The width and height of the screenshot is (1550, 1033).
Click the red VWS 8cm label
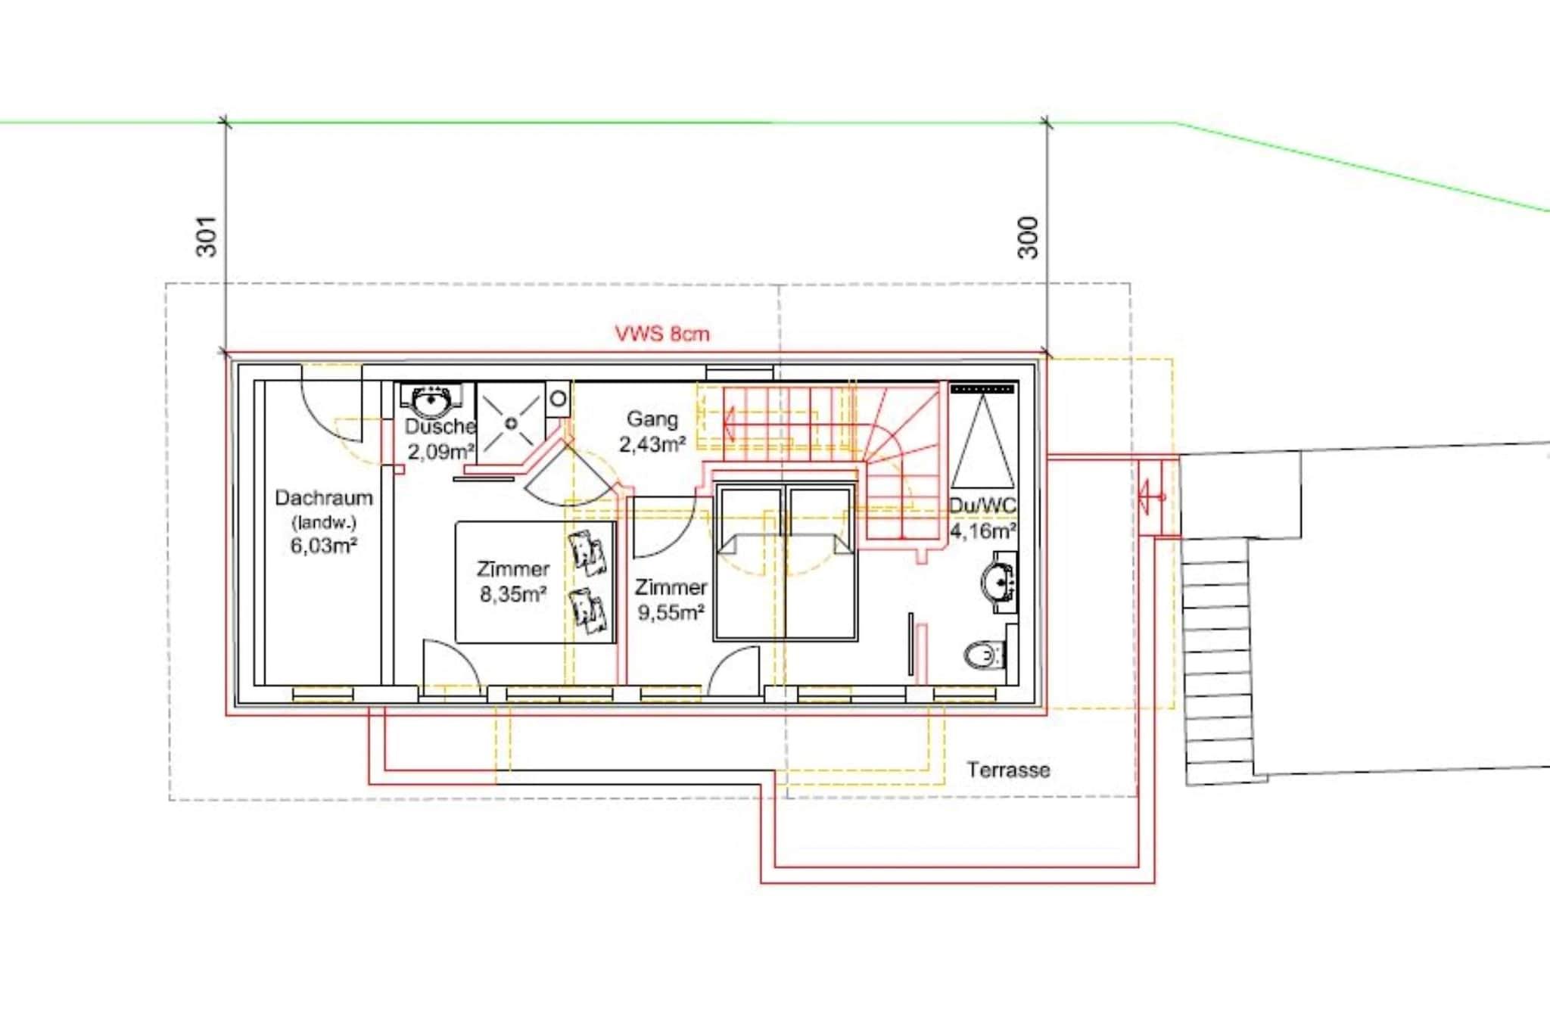662,334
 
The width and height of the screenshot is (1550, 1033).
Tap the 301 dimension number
207,237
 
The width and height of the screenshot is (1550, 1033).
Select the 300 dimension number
1029,237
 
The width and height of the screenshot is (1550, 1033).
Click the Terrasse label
1008,770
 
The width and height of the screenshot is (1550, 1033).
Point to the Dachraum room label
324,498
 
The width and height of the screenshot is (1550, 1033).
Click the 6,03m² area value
324,545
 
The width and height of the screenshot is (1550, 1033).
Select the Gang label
652,419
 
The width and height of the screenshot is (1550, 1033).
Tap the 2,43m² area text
652,444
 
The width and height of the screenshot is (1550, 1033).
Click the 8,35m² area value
513,594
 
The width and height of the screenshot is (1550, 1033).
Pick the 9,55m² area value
671,611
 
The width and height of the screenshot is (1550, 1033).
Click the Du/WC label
982,506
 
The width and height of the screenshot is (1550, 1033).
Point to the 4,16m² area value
982,531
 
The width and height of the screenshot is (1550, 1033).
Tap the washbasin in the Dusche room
432,400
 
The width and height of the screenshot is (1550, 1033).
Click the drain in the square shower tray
511,423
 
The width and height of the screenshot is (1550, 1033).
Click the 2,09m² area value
440,452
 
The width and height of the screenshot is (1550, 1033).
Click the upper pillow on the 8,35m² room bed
587,549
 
